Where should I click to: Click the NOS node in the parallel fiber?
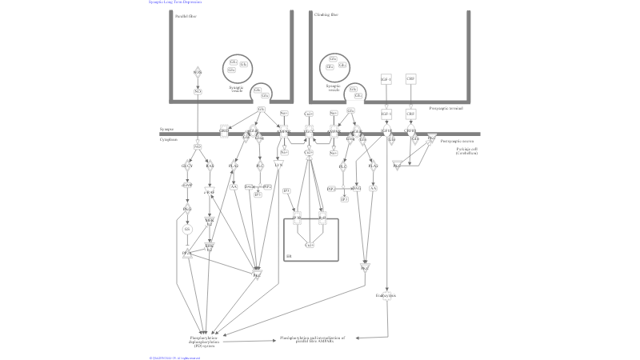click(x=198, y=72)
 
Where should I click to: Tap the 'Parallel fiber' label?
click(x=186, y=15)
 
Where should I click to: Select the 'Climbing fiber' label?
click(x=326, y=15)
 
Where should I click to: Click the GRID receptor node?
click(x=224, y=130)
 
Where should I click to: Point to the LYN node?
click(x=278, y=164)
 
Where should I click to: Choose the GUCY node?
click(x=188, y=166)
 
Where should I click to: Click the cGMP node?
click(x=188, y=185)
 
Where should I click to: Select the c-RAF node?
click(x=210, y=193)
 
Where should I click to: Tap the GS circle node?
click(x=187, y=229)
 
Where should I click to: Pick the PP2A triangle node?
click(x=187, y=254)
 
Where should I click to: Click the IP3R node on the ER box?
click(x=296, y=217)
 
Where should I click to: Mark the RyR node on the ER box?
click(x=323, y=217)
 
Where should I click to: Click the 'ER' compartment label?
click(x=289, y=256)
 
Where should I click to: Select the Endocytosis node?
click(x=386, y=295)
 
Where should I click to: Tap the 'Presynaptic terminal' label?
click(x=446, y=108)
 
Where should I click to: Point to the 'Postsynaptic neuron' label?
click(x=457, y=140)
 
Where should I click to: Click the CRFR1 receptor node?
click(x=411, y=130)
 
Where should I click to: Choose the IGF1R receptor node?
click(x=386, y=130)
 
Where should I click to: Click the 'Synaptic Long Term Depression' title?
click(x=174, y=2)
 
